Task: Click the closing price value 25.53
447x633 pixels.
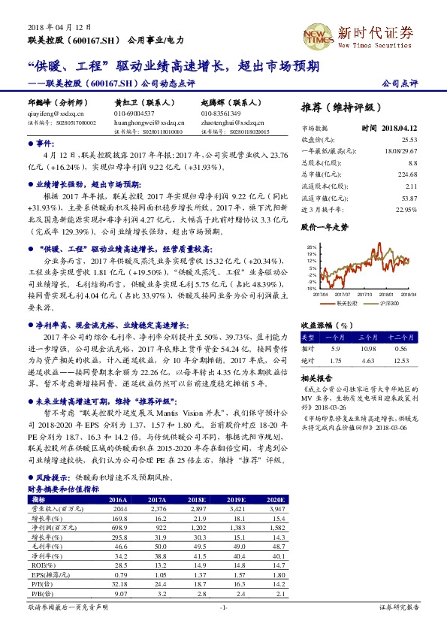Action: pyautogui.click(x=408, y=139)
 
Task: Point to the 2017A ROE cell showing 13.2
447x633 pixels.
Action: pyautogui.click(x=147, y=563)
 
